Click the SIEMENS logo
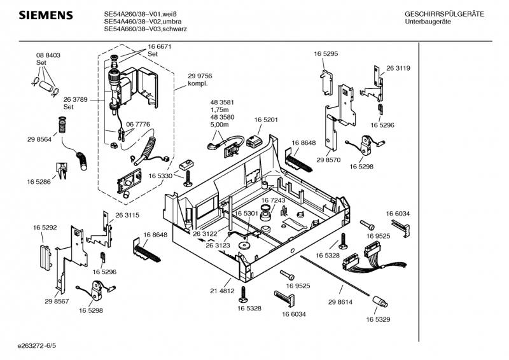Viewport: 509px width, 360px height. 42,15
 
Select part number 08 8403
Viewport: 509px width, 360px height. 48,56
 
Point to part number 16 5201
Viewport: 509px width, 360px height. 266,120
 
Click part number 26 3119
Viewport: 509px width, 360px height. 398,68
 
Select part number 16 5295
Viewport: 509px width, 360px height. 325,55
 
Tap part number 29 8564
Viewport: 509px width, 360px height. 39,139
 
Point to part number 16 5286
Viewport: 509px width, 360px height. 39,182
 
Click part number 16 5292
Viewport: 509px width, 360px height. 45,226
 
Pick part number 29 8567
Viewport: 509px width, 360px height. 57,301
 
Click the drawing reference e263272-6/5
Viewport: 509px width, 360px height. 38,346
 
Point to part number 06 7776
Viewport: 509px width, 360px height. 138,124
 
